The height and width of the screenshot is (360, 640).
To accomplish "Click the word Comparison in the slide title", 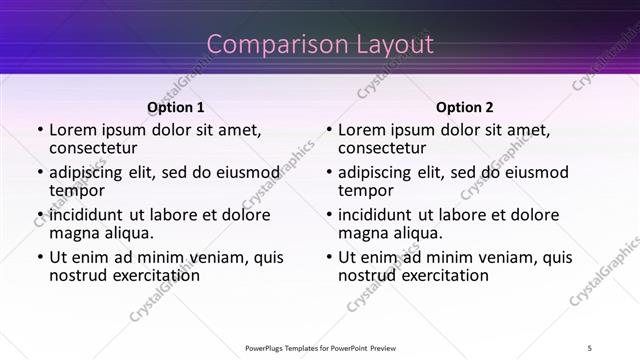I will pos(264,45).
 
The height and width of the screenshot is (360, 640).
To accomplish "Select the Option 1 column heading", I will pos(175,107).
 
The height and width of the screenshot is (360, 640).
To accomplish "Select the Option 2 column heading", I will pos(464,107).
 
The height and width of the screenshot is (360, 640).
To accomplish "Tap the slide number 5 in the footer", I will pos(589,347).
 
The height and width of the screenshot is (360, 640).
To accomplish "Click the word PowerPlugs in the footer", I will pos(269,347).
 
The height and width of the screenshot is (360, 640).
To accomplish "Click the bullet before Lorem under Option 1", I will pos(39,130).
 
